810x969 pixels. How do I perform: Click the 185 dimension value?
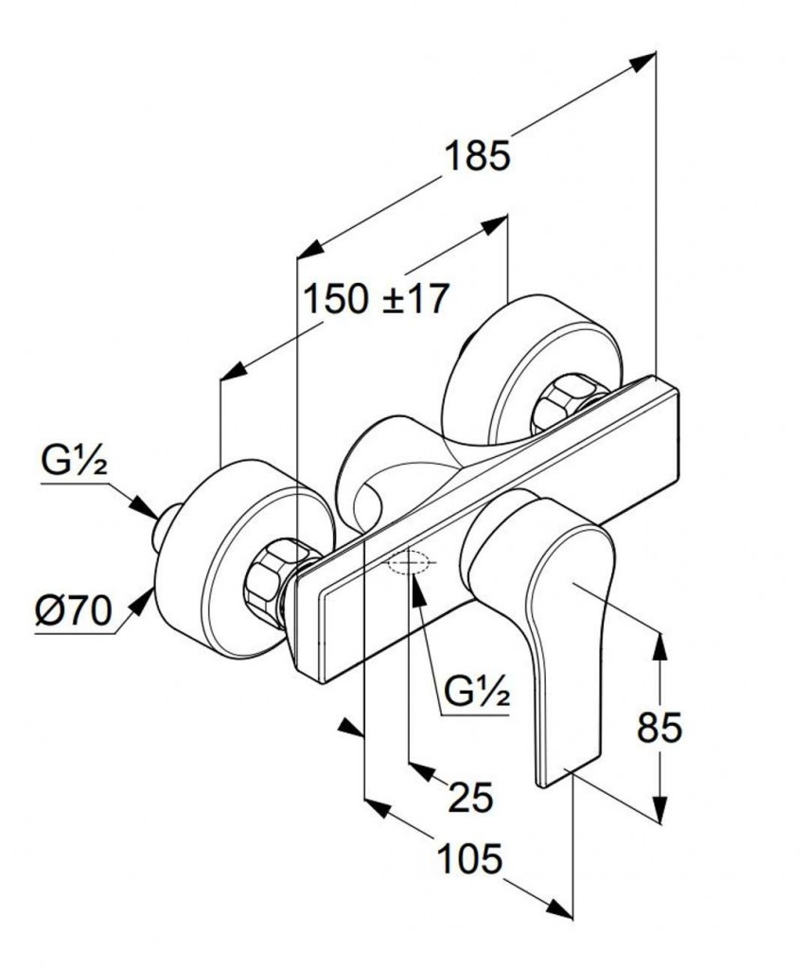(477, 155)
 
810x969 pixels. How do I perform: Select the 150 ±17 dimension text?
(375, 299)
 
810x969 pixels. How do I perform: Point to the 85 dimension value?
(660, 728)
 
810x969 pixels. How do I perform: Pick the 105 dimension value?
(468, 860)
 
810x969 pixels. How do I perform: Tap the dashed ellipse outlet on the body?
(410, 564)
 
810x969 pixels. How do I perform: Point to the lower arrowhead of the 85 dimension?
(660, 811)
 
